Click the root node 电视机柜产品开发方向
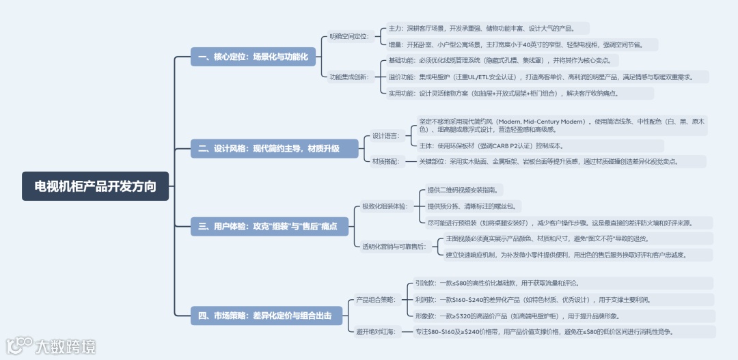click(95, 186)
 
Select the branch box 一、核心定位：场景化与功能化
click(253, 57)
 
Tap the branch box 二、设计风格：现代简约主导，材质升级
click(274, 148)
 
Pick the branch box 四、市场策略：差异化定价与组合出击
click(269, 315)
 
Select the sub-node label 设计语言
click(387, 135)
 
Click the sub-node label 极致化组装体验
click(384, 206)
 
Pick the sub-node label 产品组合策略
click(375, 299)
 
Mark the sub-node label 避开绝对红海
click(375, 331)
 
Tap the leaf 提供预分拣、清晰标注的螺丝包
click(472, 206)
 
